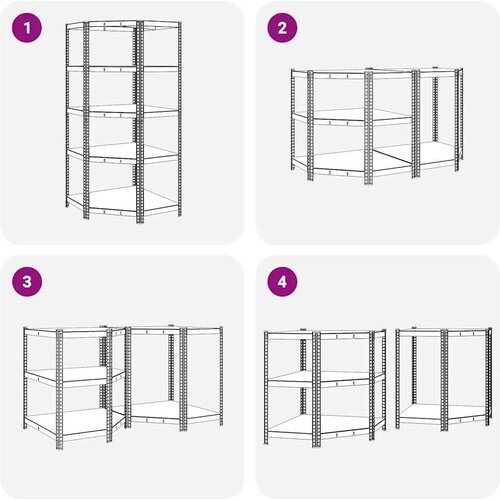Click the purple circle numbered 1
click(x=27, y=28)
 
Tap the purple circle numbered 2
click(x=282, y=28)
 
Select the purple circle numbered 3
click(x=27, y=282)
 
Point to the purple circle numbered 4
click(x=282, y=282)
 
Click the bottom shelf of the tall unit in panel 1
click(x=123, y=200)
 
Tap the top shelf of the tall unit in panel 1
click(x=123, y=26)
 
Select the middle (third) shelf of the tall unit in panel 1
click(x=123, y=111)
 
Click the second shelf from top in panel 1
click(x=123, y=69)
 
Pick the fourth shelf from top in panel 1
click(x=123, y=153)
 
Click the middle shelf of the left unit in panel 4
click(x=325, y=379)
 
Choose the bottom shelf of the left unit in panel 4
click(x=325, y=427)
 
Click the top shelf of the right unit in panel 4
click(x=443, y=332)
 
